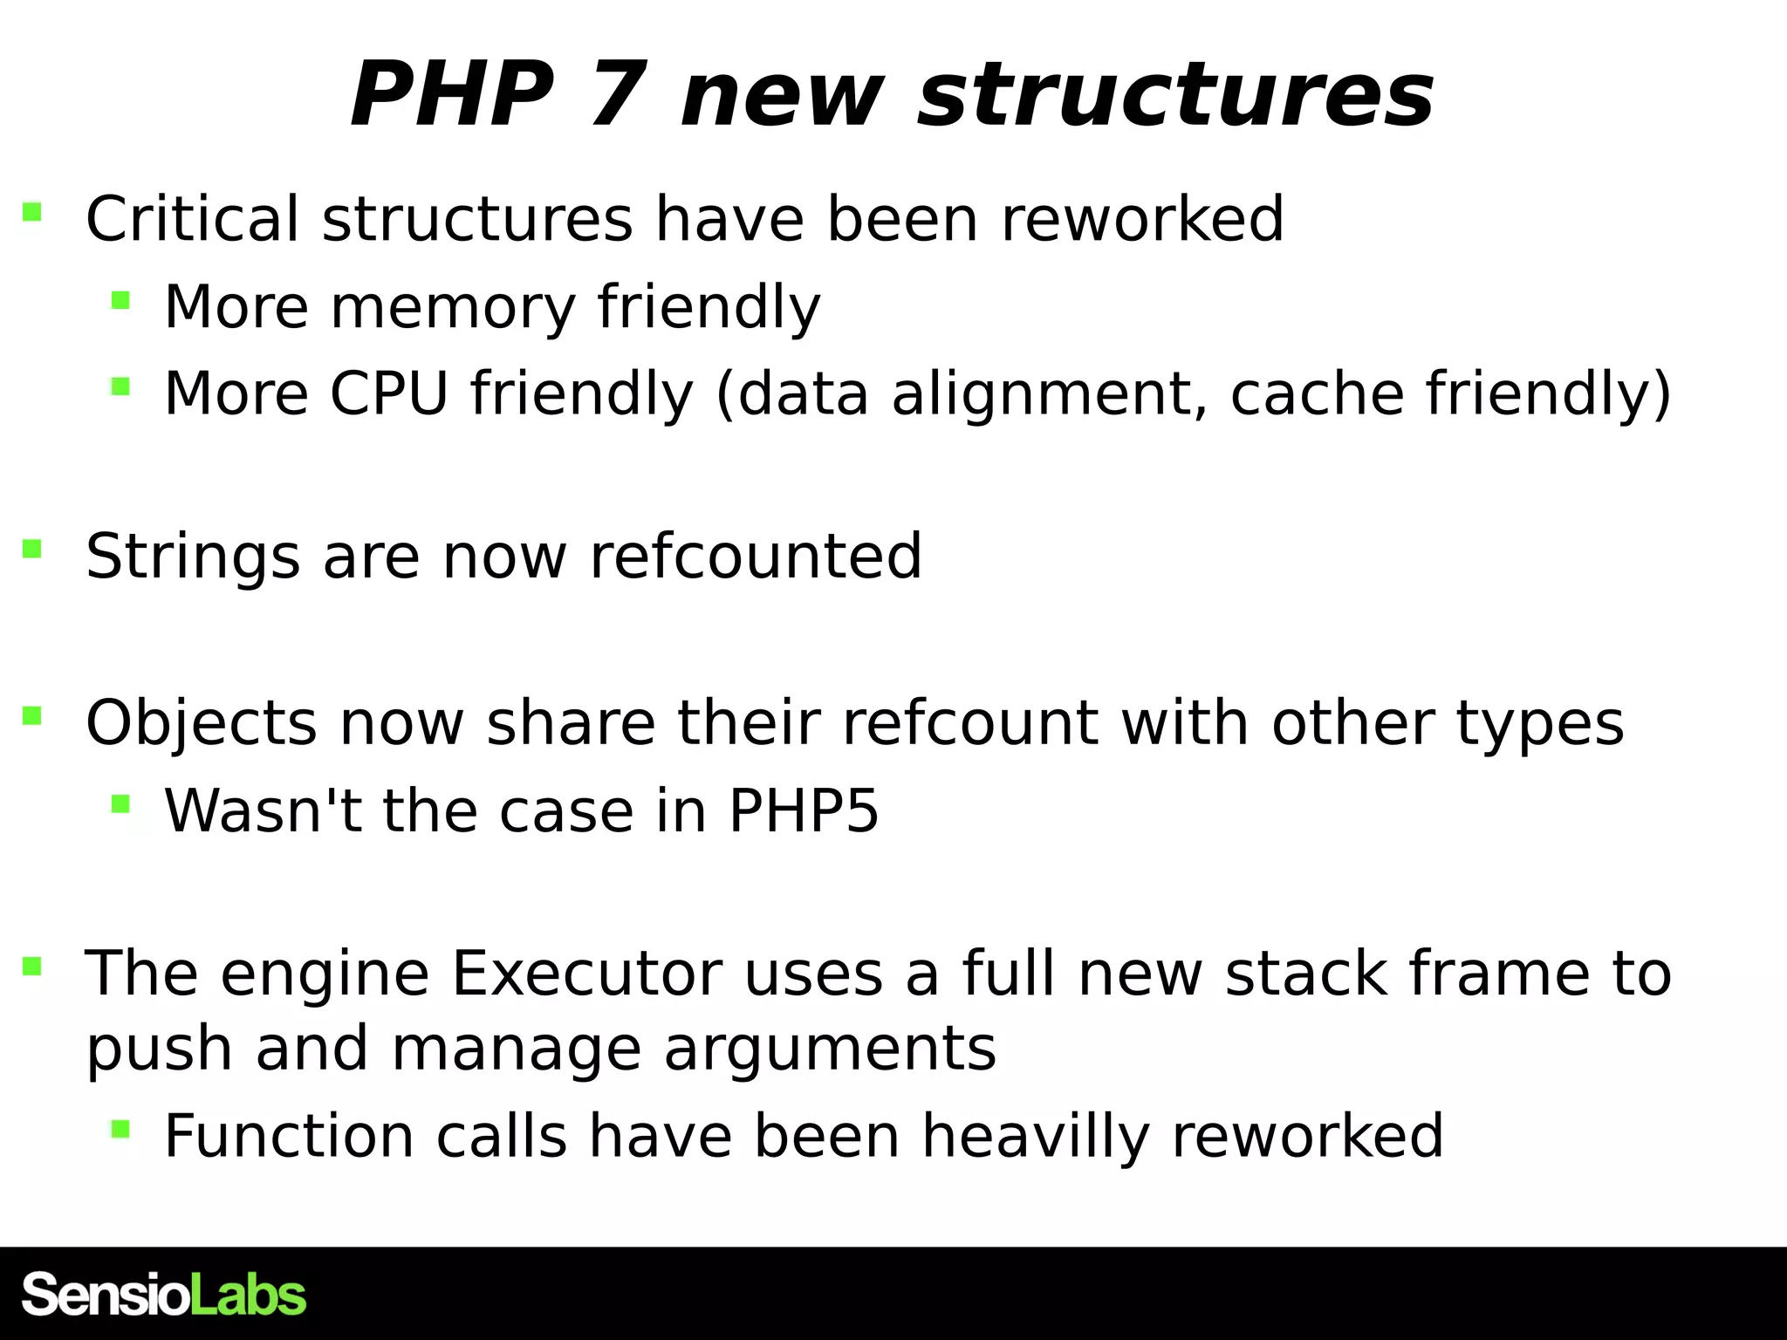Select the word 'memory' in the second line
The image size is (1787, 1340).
point(452,307)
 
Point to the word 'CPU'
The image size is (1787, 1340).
point(389,393)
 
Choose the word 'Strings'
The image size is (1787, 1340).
point(193,557)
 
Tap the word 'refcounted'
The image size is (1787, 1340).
point(756,557)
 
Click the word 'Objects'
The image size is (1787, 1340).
point(202,723)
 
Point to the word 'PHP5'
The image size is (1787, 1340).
point(804,811)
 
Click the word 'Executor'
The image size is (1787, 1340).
point(586,974)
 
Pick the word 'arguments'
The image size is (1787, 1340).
point(829,1048)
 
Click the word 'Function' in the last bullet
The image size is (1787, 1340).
point(289,1136)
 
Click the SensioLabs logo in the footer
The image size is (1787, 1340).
point(164,1295)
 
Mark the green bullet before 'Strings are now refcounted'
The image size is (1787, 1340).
point(32,549)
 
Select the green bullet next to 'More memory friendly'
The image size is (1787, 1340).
point(120,301)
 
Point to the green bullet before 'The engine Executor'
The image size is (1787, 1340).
point(32,966)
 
